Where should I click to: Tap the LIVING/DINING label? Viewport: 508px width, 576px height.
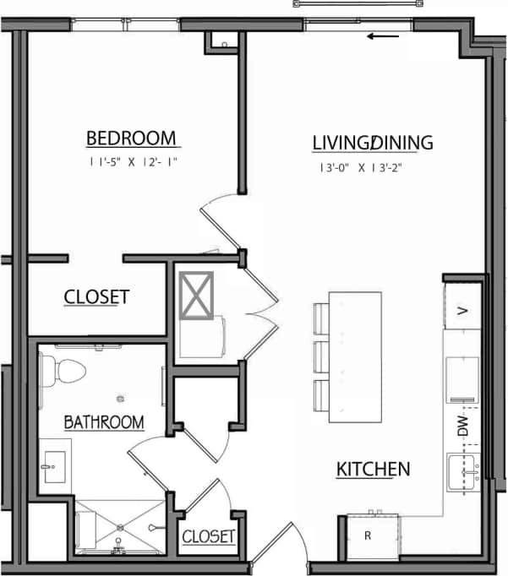[373, 143]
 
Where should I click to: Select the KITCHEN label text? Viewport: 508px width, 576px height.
[374, 469]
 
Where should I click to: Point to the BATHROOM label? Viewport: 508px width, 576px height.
[104, 421]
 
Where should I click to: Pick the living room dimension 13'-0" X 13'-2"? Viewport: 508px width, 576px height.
[360, 167]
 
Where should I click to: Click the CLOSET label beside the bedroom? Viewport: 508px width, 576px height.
[96, 296]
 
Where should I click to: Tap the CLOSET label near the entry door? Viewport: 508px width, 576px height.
[208, 536]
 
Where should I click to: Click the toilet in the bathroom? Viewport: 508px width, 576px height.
[62, 369]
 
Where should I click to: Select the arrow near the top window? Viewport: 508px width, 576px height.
[384, 36]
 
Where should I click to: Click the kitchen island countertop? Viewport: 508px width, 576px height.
[355, 357]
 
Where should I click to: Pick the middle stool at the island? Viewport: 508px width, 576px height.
[320, 355]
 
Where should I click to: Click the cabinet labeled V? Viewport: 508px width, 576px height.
[462, 310]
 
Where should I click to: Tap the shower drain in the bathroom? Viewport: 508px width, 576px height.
[120, 526]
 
